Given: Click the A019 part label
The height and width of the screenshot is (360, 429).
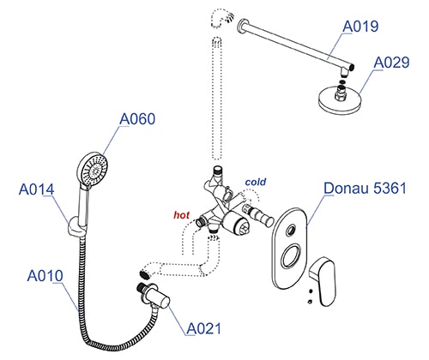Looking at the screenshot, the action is [x=360, y=27].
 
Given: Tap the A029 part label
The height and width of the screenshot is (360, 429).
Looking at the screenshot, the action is [x=391, y=63].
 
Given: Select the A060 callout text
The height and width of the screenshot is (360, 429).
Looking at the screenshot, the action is [x=137, y=119].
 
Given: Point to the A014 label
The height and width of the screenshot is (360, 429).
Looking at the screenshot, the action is [x=36, y=189].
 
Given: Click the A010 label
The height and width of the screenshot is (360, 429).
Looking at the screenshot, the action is [x=45, y=276].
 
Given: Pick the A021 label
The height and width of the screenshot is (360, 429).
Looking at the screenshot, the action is [x=204, y=328].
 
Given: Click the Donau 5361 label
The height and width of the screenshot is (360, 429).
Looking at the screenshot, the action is [x=365, y=189].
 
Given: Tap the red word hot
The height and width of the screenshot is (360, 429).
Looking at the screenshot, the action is [x=182, y=215].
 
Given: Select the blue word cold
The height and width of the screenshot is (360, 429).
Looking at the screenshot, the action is [x=256, y=182].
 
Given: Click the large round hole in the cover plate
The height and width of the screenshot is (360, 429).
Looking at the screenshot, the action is [x=291, y=256].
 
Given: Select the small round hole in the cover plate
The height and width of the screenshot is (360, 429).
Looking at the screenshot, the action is [x=291, y=230].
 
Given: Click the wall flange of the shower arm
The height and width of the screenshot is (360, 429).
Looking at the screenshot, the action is [x=243, y=26].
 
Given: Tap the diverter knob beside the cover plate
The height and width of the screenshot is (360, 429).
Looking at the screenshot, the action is [x=258, y=215].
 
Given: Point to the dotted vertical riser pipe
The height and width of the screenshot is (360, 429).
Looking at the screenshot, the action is [x=216, y=98].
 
